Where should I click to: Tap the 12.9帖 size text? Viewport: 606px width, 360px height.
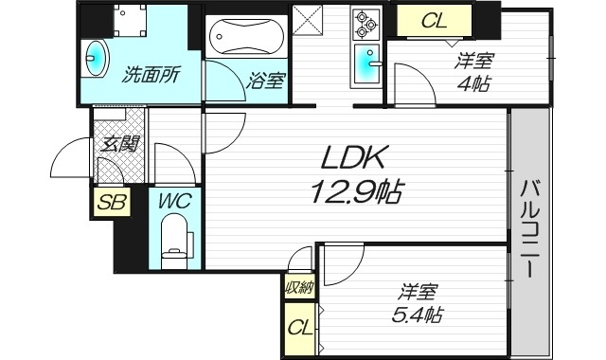click(354, 192)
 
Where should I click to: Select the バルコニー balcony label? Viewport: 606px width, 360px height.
click(528, 226)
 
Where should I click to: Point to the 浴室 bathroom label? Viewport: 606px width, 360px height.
click(265, 81)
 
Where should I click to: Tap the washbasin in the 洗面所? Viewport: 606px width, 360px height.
click(97, 56)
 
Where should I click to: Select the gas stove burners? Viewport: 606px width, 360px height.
click(365, 23)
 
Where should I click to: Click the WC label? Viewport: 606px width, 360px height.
click(174, 200)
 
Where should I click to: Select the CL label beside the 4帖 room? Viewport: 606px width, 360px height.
click(434, 21)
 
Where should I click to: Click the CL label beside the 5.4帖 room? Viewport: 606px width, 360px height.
click(300, 329)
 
